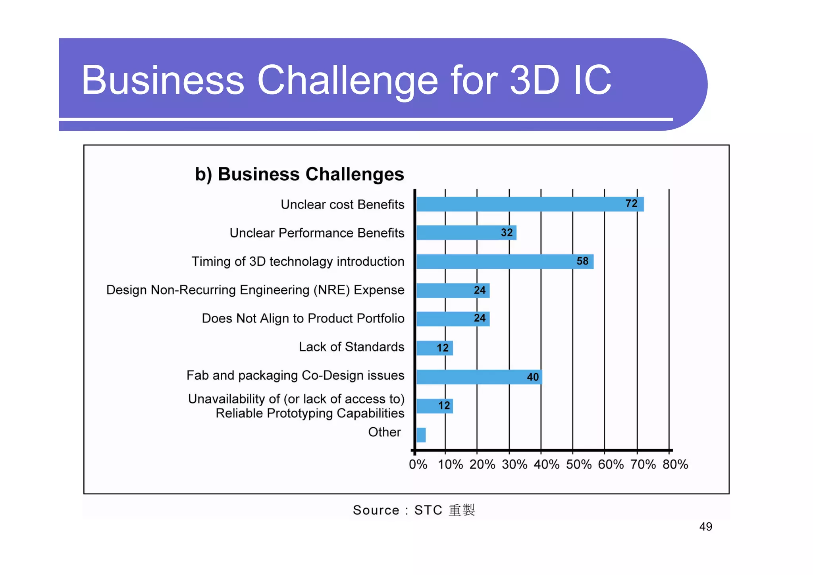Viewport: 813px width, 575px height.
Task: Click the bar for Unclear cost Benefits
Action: point(530,204)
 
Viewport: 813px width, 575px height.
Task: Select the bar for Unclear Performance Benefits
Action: point(466,233)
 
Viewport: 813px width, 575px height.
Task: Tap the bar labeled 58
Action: point(505,262)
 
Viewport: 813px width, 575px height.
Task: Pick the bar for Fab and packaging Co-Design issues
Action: point(479,377)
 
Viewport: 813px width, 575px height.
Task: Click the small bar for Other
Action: point(421,435)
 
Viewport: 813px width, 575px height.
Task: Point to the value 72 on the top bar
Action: point(631,204)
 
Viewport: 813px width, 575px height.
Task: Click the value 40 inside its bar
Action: point(533,377)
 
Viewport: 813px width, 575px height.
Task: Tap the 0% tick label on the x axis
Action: point(418,464)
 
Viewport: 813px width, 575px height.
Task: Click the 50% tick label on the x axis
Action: point(578,464)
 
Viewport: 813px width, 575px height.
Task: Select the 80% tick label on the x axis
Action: point(675,464)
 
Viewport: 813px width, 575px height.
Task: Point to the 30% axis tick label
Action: point(514,464)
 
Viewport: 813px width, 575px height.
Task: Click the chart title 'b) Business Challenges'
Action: point(299,174)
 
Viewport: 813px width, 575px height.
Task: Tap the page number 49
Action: point(705,527)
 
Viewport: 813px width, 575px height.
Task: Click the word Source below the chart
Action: point(376,510)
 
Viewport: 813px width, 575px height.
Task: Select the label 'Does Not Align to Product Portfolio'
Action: point(303,318)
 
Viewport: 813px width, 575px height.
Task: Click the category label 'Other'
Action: point(384,432)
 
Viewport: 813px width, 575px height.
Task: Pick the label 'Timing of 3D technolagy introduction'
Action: point(298,262)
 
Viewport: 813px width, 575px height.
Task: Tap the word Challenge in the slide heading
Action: point(347,81)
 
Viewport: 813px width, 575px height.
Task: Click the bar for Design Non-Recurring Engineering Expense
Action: point(453,291)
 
